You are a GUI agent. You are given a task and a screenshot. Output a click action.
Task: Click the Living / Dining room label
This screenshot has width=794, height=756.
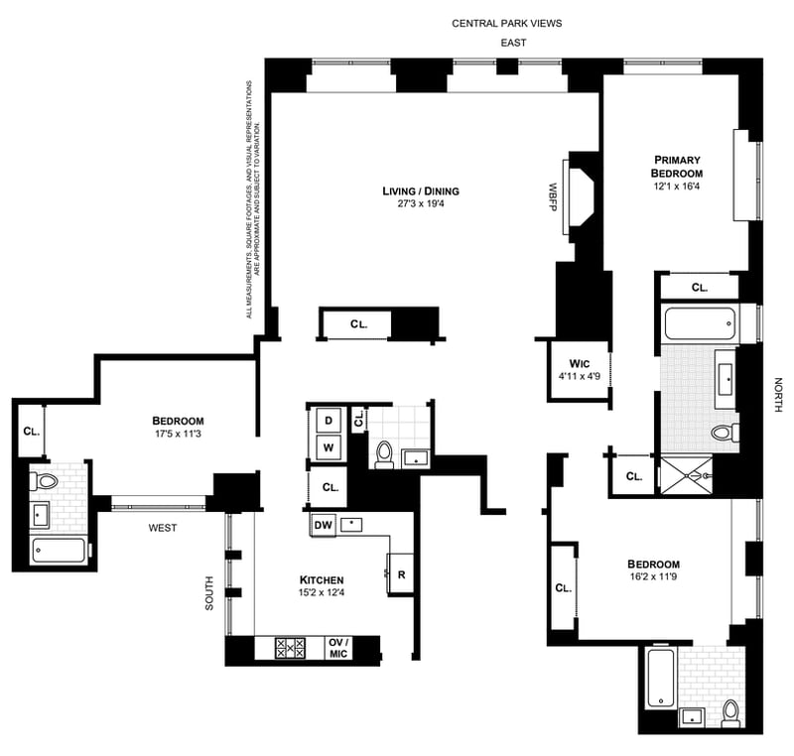click(x=421, y=191)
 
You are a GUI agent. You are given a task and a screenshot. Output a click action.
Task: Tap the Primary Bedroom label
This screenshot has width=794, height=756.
click(x=677, y=167)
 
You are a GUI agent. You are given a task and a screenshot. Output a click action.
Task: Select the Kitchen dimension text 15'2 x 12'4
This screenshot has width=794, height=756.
click(x=322, y=592)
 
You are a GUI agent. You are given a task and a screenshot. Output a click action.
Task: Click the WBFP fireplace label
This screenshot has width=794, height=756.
click(x=553, y=196)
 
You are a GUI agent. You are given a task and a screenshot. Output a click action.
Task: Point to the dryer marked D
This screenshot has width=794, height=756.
click(x=329, y=421)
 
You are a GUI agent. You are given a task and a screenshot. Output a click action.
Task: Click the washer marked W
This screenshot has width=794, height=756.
click(x=329, y=447)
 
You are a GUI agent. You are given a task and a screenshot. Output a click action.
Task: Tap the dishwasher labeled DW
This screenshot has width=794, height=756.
click(x=323, y=525)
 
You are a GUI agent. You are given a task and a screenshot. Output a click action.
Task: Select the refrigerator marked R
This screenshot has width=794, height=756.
click(x=401, y=574)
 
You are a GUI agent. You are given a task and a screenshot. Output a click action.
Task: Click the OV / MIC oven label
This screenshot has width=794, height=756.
click(x=338, y=648)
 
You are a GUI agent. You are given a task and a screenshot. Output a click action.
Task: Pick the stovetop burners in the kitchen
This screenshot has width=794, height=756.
click(x=290, y=648)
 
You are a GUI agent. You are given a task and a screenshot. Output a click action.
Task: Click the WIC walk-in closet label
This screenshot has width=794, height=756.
click(x=580, y=364)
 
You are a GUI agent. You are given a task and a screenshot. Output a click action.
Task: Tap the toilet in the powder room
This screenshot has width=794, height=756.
click(x=384, y=454)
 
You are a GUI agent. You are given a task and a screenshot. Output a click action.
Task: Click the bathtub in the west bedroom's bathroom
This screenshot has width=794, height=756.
click(x=59, y=551)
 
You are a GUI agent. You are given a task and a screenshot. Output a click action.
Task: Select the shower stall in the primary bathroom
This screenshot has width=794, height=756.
click(x=686, y=474)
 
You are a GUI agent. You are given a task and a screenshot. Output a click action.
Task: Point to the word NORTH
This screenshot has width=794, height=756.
click(x=778, y=395)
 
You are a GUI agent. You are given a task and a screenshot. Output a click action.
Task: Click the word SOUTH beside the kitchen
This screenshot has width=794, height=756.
click(x=209, y=593)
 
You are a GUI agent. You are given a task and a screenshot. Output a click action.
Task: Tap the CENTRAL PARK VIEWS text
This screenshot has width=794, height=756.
click(x=507, y=23)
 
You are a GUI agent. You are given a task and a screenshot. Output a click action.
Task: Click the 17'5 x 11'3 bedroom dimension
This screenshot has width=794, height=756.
click(x=178, y=434)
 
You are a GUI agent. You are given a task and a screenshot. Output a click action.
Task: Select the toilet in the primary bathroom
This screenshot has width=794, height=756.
click(x=725, y=434)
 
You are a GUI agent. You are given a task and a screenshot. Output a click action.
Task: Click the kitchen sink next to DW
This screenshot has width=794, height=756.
click(x=351, y=525)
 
